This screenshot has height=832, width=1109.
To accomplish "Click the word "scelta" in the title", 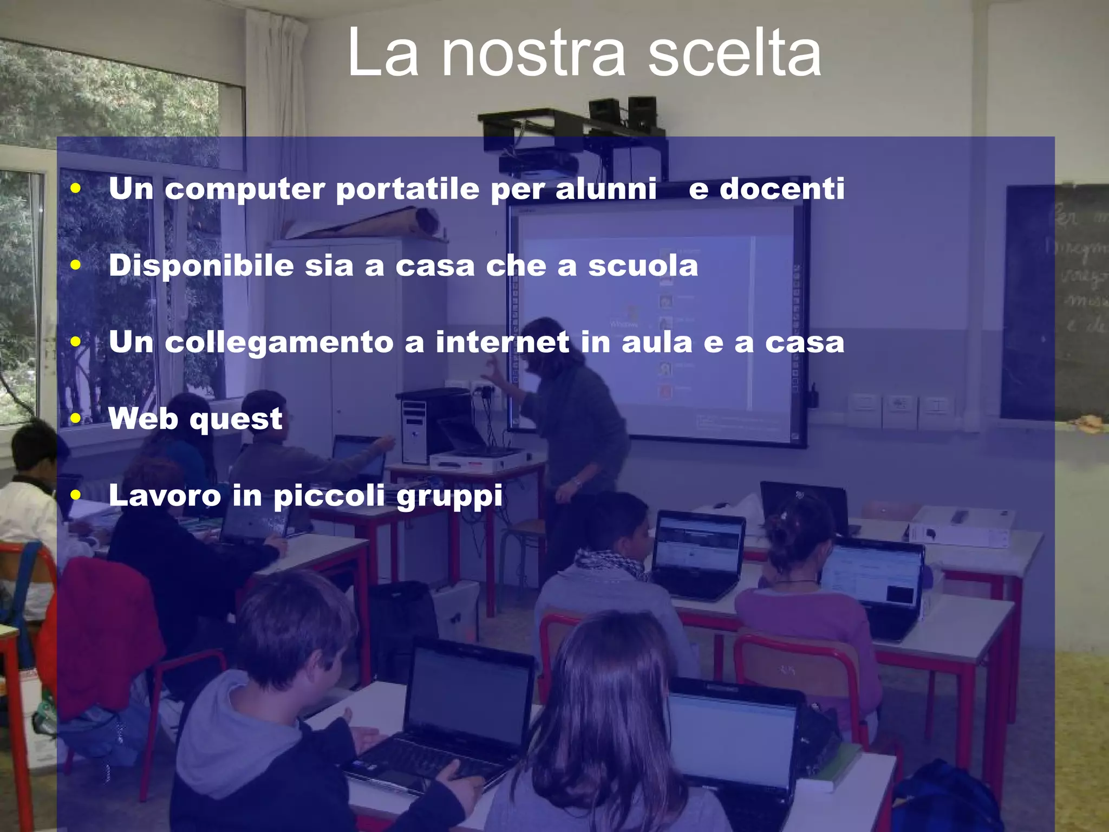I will pyautogui.click(x=734, y=53).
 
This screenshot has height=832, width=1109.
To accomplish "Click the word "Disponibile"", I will pyautogui.click(x=201, y=266).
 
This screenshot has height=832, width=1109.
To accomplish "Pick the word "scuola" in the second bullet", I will pyautogui.click(x=643, y=265).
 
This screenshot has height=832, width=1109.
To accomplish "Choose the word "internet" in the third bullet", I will pyautogui.click(x=503, y=342).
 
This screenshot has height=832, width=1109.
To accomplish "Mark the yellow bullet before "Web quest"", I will pyautogui.click(x=76, y=418).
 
